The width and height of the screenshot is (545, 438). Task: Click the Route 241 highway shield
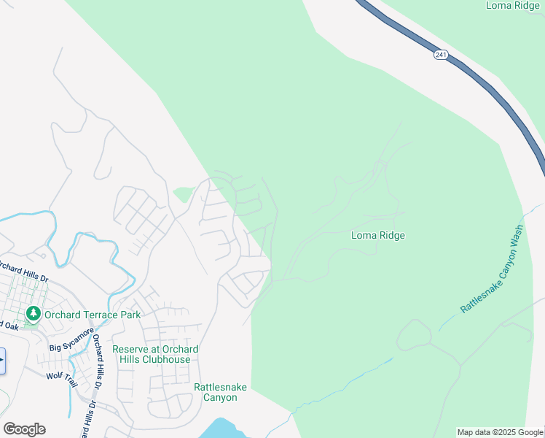[x=439, y=55]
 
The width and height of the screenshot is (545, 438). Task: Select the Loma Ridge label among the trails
[x=377, y=235]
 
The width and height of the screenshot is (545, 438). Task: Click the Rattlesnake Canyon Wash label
[x=493, y=269]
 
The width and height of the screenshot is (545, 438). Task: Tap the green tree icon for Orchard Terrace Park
[x=33, y=314]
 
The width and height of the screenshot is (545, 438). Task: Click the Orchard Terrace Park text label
[x=92, y=315]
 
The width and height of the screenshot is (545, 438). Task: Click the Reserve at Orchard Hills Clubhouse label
[x=155, y=354]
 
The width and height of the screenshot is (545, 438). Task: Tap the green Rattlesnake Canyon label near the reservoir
[x=215, y=392]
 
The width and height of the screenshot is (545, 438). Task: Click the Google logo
[x=24, y=429]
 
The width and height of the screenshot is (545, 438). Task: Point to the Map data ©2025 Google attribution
[x=500, y=432]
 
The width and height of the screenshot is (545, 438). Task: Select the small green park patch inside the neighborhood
[x=184, y=195]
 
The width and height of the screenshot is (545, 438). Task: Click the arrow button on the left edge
[x=2, y=361]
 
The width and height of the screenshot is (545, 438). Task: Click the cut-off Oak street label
[x=9, y=324]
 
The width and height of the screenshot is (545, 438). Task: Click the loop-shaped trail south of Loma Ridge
[x=414, y=334]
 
